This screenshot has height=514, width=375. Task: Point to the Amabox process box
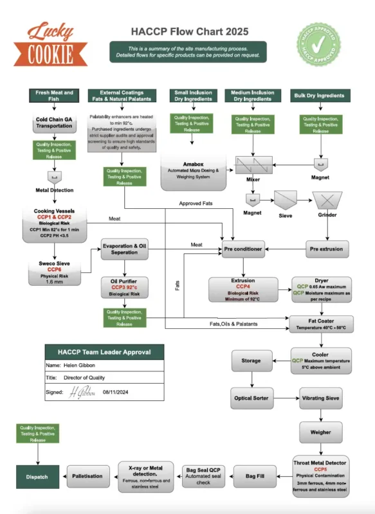coord(194,172)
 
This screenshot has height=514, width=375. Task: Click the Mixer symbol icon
coord(253,166)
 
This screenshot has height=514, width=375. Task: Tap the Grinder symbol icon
coord(327,200)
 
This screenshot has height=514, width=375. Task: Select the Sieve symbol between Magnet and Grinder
coord(284,200)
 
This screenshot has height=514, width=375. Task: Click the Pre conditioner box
coord(243,248)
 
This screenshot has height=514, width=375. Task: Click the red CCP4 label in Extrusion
coord(242,287)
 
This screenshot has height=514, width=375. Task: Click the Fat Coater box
coord(320,323)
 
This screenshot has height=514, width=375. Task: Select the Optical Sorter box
coord(251,398)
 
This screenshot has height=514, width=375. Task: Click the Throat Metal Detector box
coord(320,475)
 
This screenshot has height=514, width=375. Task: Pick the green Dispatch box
coord(37,477)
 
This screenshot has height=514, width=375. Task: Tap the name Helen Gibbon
coord(78,365)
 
